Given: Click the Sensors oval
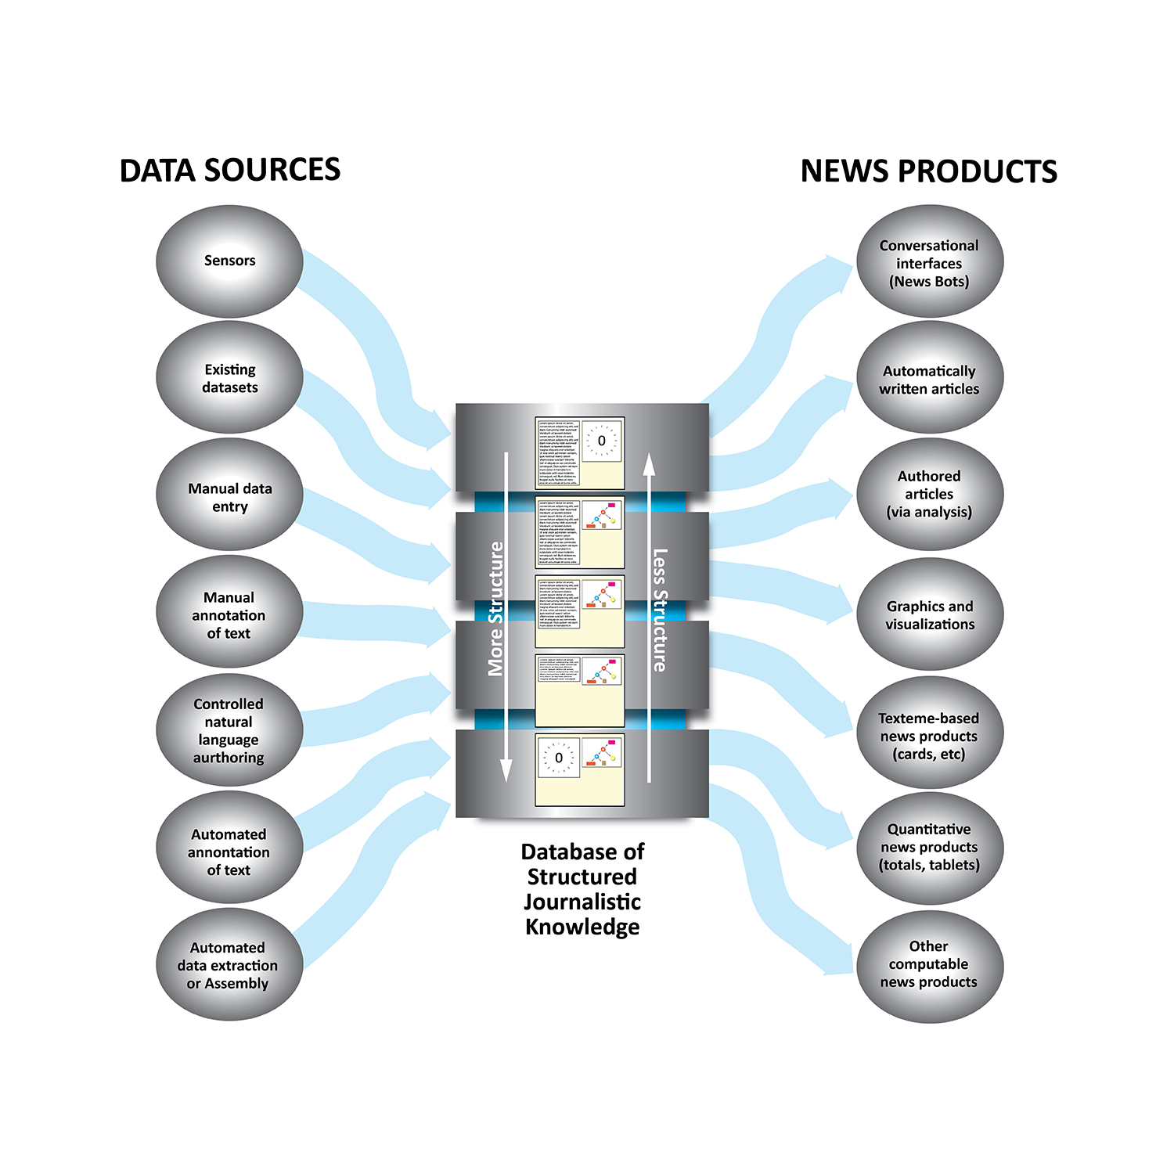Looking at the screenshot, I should [x=229, y=261].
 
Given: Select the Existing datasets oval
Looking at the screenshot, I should [x=229, y=378].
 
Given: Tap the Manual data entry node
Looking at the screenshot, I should [x=229, y=496].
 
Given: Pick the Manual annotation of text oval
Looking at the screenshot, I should [x=229, y=614].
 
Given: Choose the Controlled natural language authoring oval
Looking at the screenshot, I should [x=229, y=730].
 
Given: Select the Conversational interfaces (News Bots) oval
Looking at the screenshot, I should [x=929, y=263].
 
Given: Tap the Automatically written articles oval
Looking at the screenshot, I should [x=929, y=380].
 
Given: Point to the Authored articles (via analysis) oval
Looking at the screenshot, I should [x=929, y=494].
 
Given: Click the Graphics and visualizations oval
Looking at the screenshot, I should [x=929, y=615].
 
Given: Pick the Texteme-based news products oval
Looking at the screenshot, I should [x=929, y=736].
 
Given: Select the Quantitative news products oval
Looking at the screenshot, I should [x=929, y=847].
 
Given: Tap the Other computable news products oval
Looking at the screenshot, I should [x=929, y=964].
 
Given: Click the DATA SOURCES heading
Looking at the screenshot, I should [x=230, y=171].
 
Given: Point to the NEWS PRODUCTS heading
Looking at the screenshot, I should [x=928, y=171].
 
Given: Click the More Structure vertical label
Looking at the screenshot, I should [x=495, y=609].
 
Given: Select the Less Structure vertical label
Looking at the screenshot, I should [x=661, y=610].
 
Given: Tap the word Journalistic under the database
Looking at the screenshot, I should [x=582, y=902].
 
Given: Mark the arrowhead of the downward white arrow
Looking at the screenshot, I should [x=506, y=771].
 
